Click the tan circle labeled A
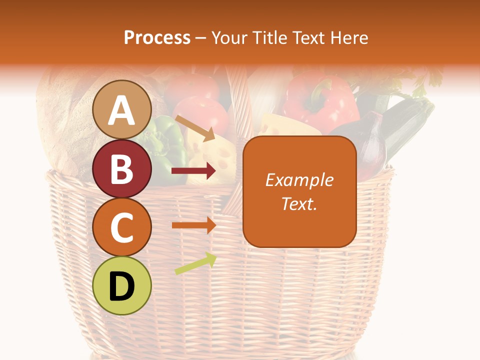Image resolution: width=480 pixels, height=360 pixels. [121, 109]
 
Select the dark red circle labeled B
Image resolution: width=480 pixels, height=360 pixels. [121, 168]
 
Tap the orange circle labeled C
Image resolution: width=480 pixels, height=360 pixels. [121, 227]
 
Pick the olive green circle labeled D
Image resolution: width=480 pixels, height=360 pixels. [121, 285]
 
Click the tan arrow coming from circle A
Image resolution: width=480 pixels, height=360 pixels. [194, 128]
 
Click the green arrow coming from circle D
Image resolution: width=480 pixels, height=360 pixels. [195, 263]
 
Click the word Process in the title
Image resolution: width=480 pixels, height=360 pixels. [157, 37]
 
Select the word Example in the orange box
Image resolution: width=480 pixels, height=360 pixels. [299, 180]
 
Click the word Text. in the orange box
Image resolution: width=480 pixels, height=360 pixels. [299, 203]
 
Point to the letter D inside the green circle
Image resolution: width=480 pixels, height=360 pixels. [121, 286]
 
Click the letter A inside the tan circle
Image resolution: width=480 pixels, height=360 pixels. [121, 110]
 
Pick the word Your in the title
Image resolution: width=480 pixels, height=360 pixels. [228, 37]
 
